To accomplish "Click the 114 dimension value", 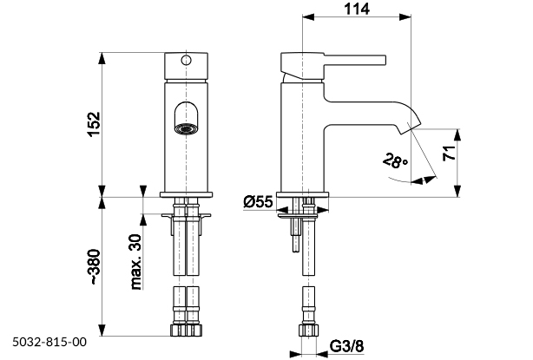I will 357,10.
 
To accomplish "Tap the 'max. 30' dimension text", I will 137,259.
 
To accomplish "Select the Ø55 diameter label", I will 258,202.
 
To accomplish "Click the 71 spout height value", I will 472,156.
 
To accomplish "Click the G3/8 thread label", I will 347,349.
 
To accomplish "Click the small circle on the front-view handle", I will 184,61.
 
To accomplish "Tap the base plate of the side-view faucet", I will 305,194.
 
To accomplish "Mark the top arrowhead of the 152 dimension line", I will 103,58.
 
